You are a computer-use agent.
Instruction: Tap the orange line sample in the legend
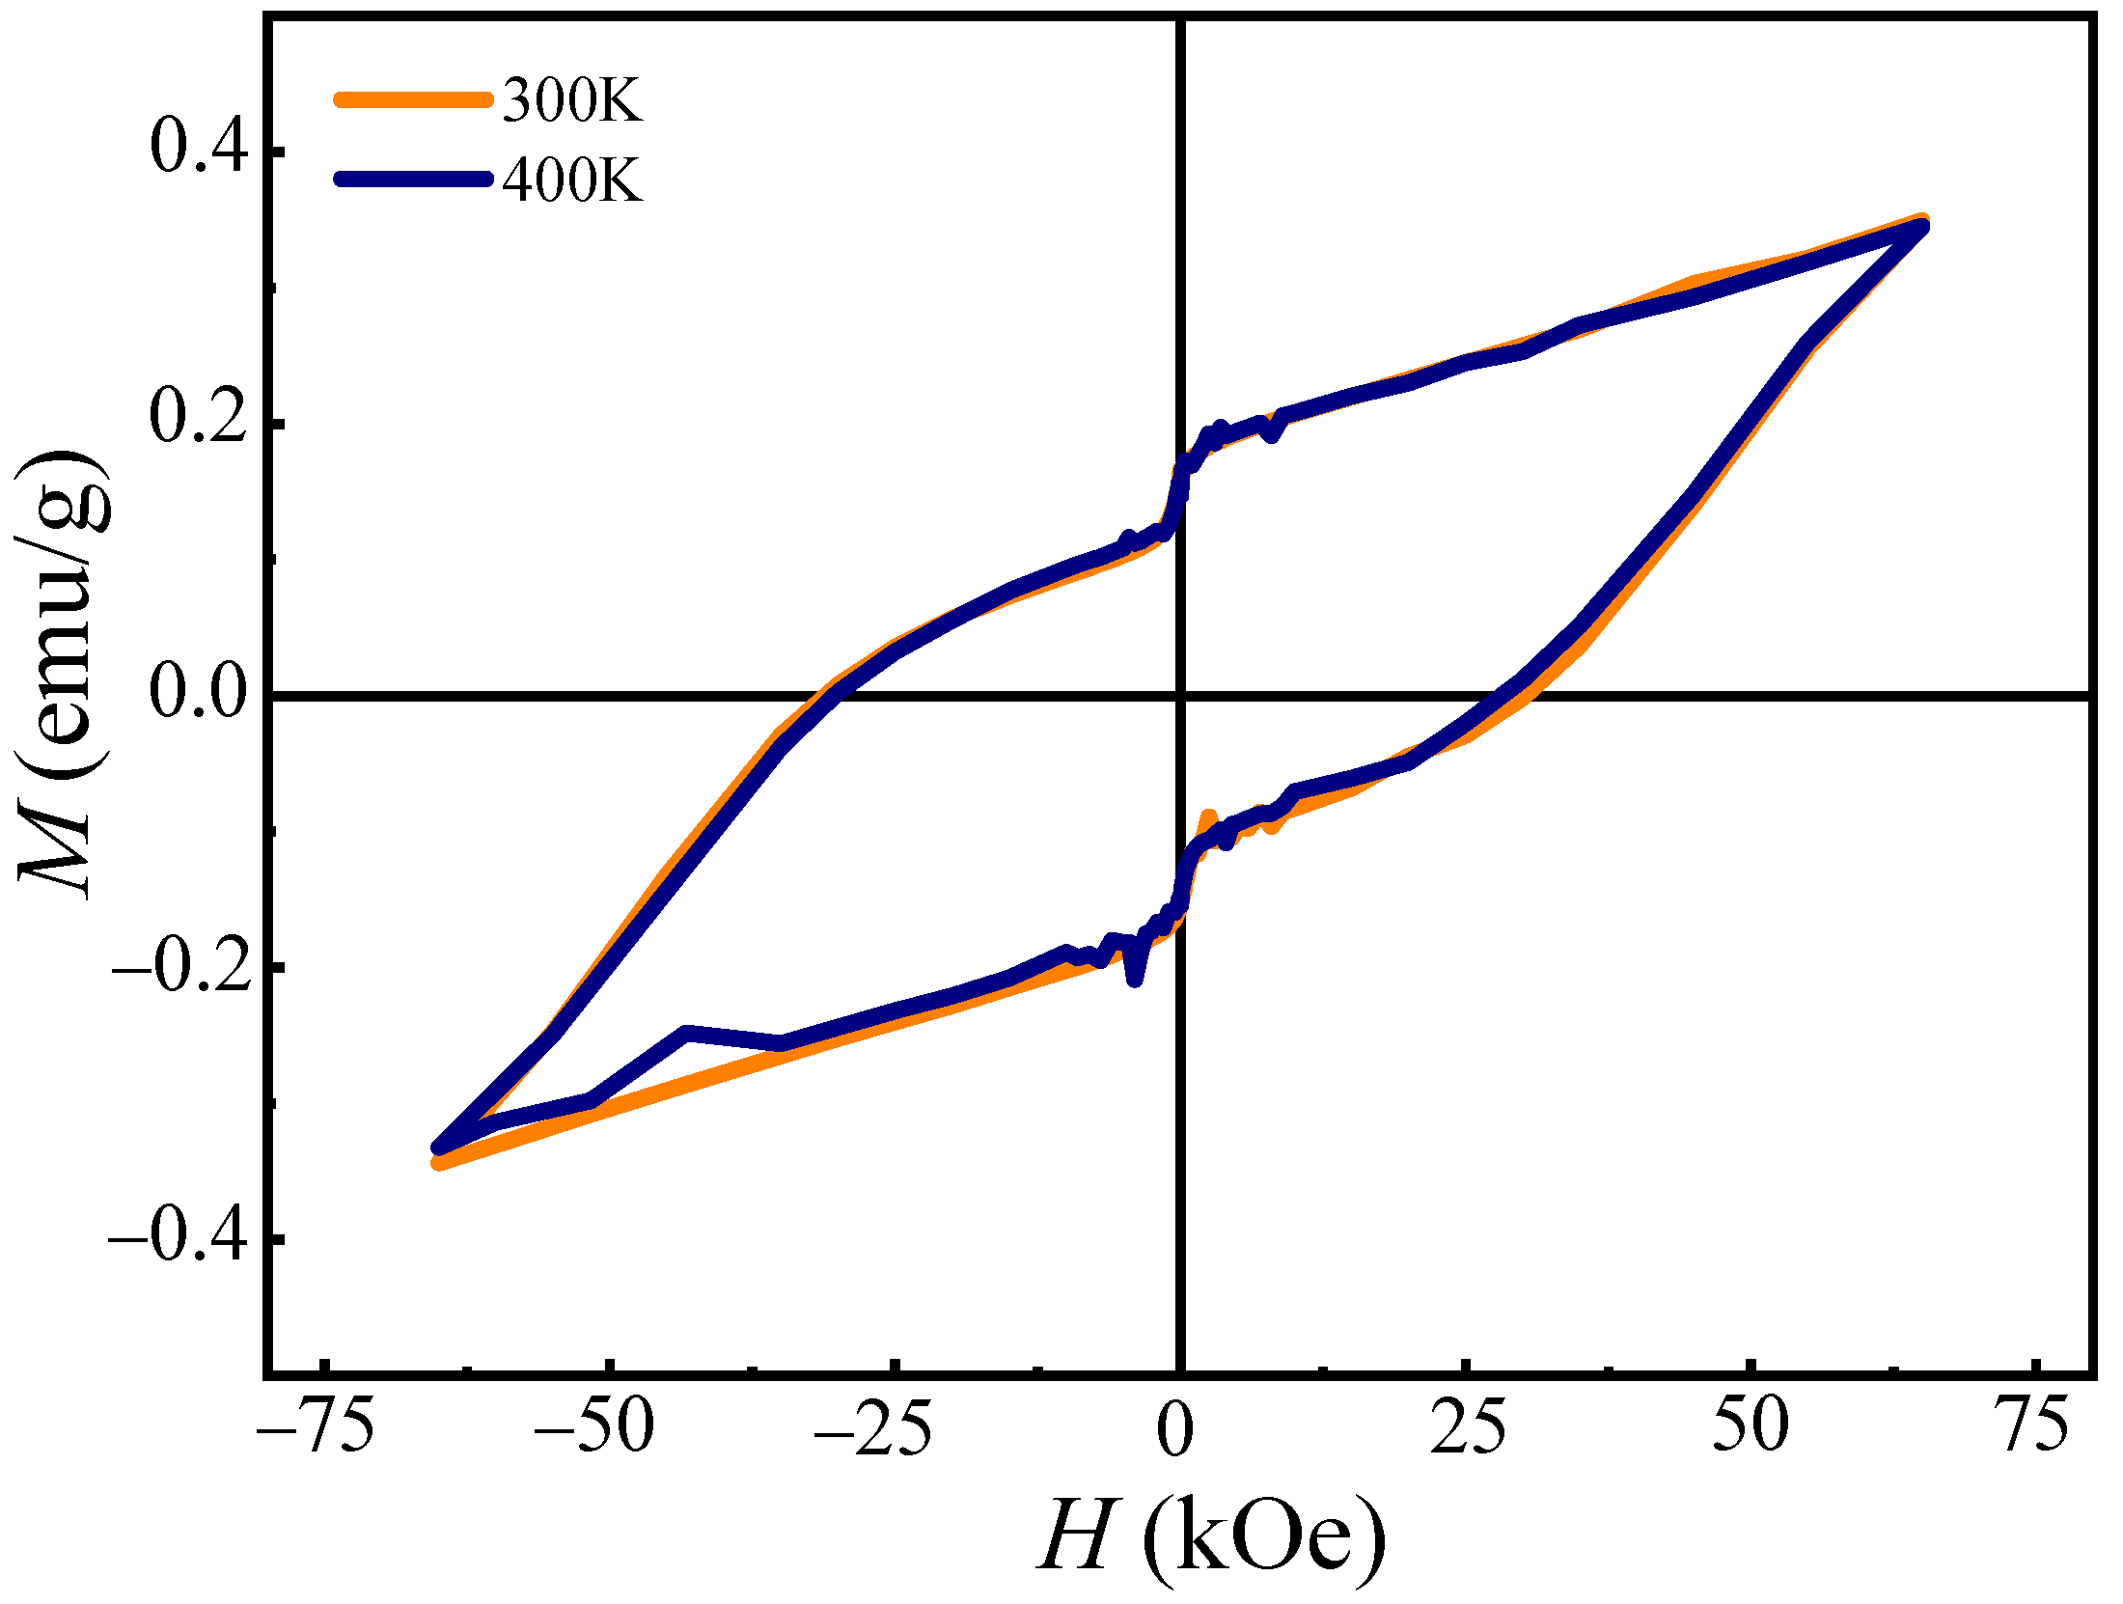tap(413, 99)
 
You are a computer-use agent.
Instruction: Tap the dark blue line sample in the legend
tap(413, 179)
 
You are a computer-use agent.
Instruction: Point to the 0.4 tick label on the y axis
tap(199, 150)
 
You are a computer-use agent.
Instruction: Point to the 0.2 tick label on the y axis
tap(199, 421)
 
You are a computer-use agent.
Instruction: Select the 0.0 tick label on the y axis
tap(199, 693)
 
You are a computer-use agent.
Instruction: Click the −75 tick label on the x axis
tap(316, 1426)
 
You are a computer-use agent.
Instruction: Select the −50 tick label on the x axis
tap(595, 1426)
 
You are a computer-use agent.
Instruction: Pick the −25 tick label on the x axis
tap(874, 1426)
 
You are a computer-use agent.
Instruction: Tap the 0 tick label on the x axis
tap(1175, 1426)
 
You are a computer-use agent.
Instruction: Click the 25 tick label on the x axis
tap(1468, 1426)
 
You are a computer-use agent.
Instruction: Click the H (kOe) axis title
tap(1211, 1535)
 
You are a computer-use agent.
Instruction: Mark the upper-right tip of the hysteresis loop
tap(1920, 224)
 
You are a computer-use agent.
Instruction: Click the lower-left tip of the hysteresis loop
tap(439, 1154)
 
